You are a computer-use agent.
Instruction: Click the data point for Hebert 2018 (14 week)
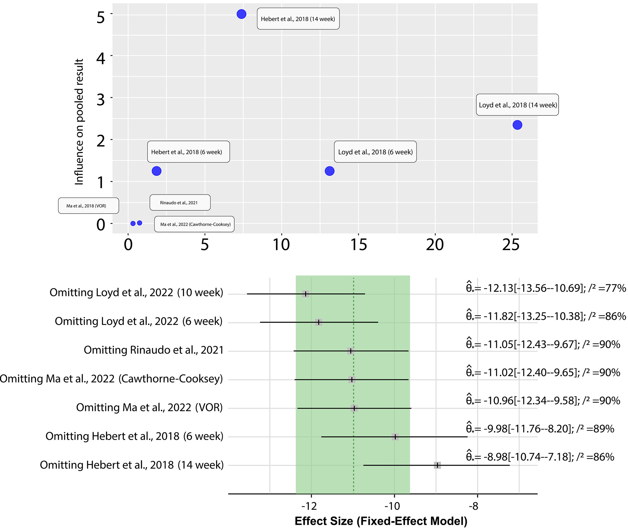click(x=241, y=14)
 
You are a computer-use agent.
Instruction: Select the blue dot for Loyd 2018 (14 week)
click(x=517, y=125)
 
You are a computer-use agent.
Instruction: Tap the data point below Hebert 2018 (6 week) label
click(x=156, y=171)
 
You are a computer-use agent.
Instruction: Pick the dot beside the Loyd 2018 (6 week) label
click(x=330, y=171)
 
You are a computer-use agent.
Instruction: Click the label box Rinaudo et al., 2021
click(x=180, y=202)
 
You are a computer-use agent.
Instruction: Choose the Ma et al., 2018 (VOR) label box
click(x=88, y=206)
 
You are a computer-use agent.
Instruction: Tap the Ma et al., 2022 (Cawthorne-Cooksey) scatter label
click(x=194, y=224)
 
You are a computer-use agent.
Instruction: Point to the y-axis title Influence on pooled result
click(x=79, y=122)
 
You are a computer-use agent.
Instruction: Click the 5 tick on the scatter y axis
click(x=101, y=18)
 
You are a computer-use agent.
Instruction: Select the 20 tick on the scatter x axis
click(x=435, y=244)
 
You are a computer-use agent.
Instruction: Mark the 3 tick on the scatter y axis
click(x=101, y=100)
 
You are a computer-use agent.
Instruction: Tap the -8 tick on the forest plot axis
click(x=474, y=506)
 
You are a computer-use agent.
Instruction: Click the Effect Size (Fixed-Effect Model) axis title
click(x=381, y=521)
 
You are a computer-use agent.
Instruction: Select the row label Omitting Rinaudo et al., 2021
click(x=153, y=350)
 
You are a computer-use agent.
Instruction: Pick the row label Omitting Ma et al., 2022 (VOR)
click(x=149, y=407)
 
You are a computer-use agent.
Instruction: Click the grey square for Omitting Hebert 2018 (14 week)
click(x=437, y=465)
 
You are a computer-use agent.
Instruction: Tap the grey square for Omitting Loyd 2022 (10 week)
click(x=305, y=294)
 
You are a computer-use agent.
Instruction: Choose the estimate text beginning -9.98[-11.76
click(x=540, y=429)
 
